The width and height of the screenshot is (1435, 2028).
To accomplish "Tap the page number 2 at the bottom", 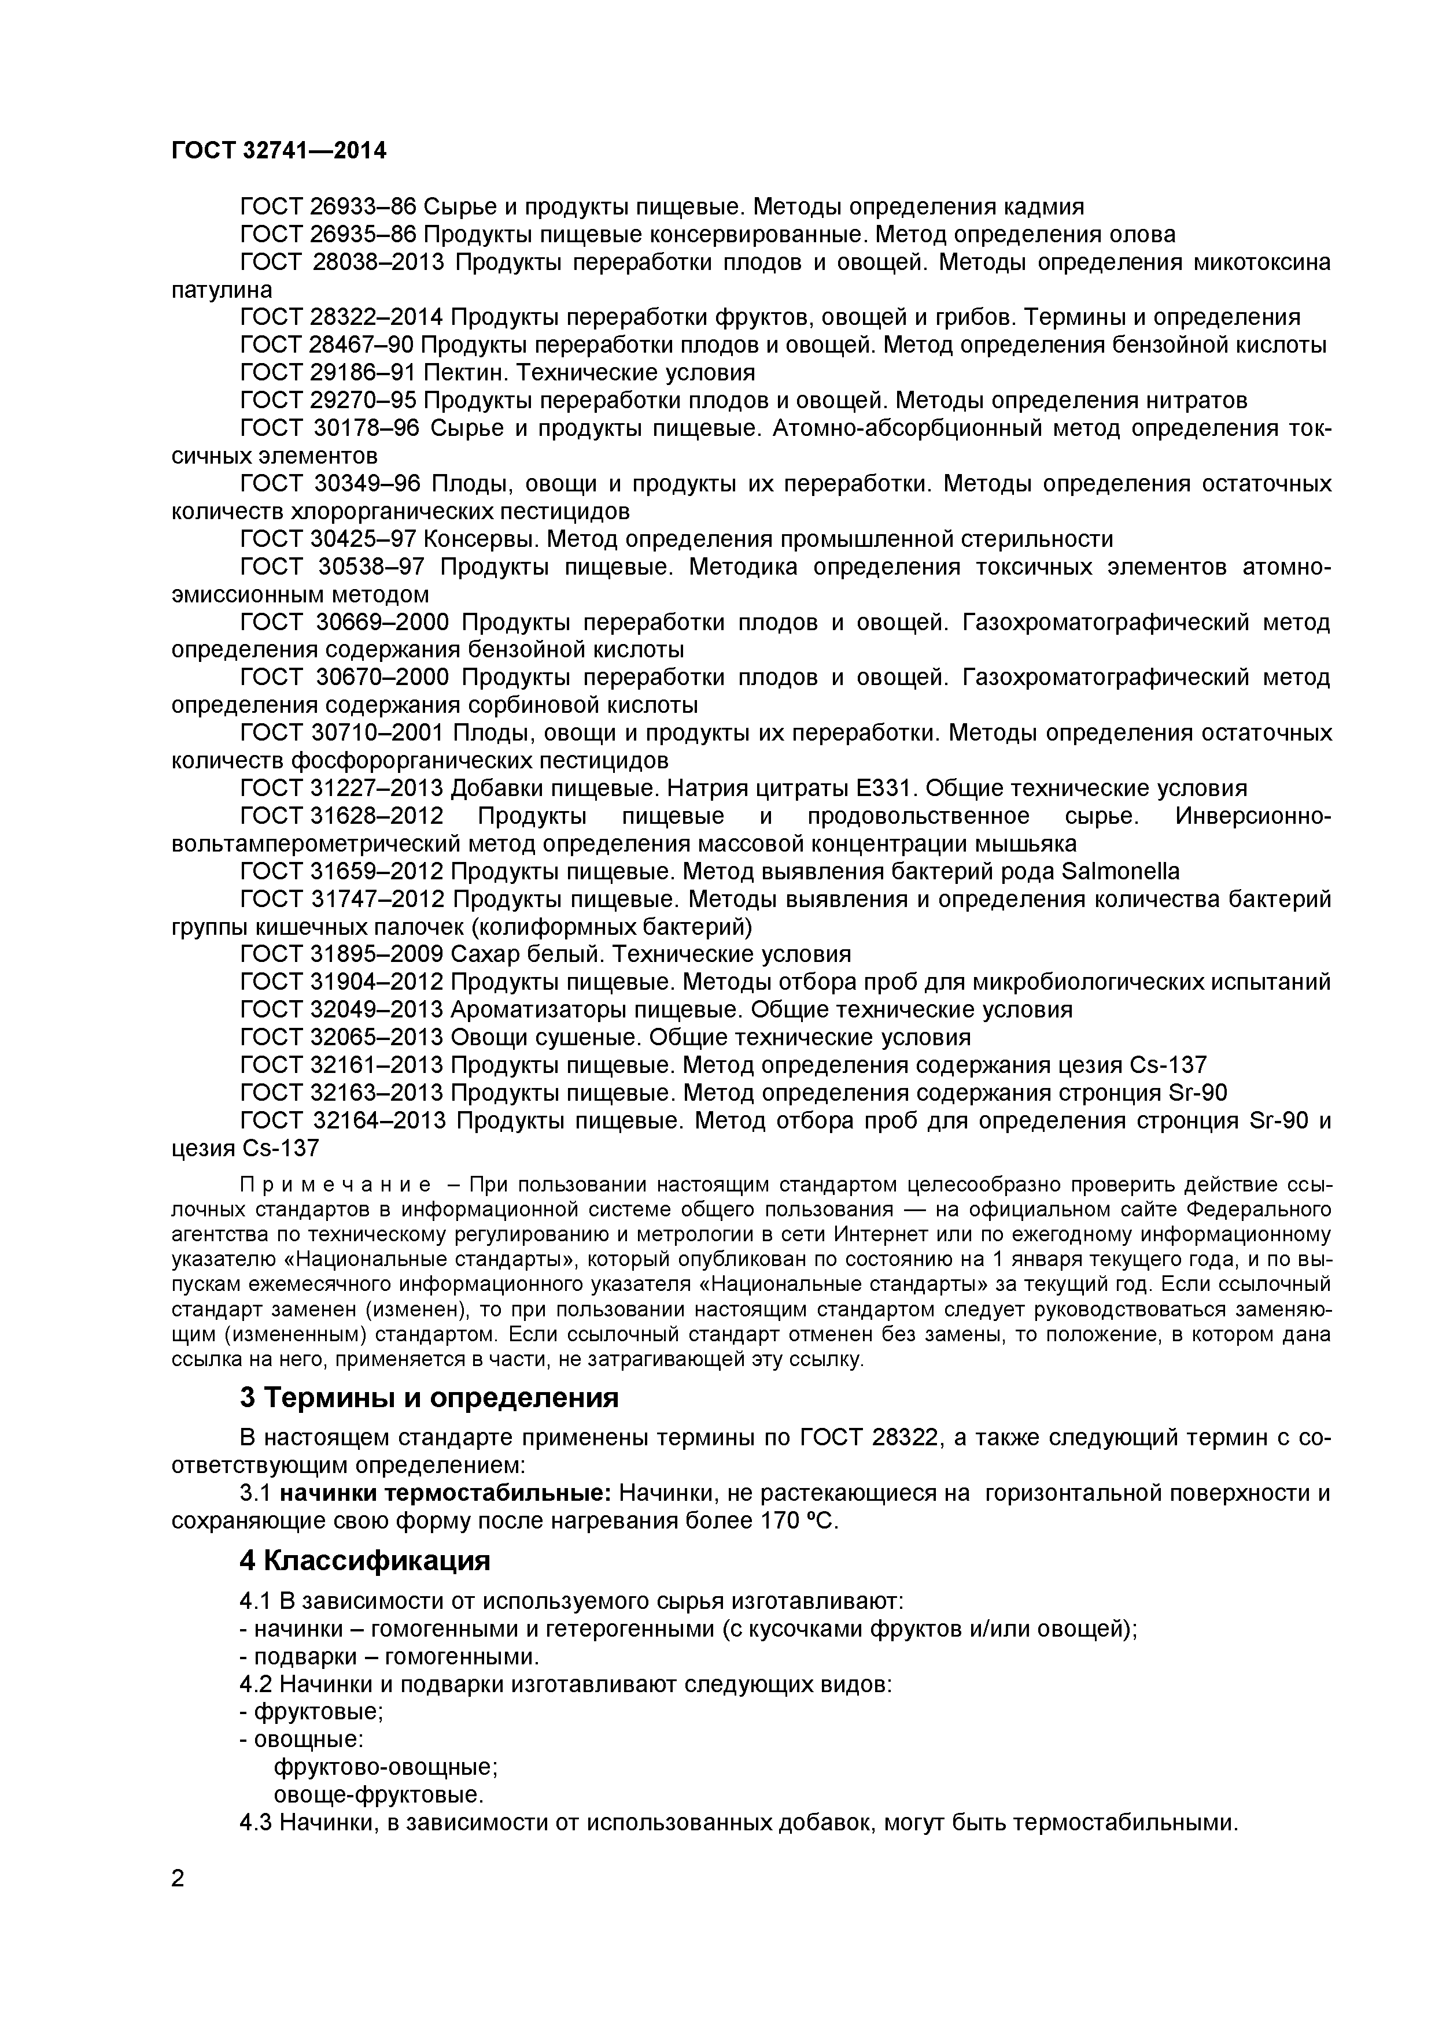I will tap(178, 1903).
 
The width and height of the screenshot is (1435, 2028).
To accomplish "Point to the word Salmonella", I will tap(1119, 872).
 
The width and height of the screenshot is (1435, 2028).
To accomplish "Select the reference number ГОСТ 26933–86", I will tap(327, 207).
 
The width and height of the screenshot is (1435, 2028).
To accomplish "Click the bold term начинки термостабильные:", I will tap(445, 1493).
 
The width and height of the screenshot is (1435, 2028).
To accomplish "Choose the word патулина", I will tap(222, 290).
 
